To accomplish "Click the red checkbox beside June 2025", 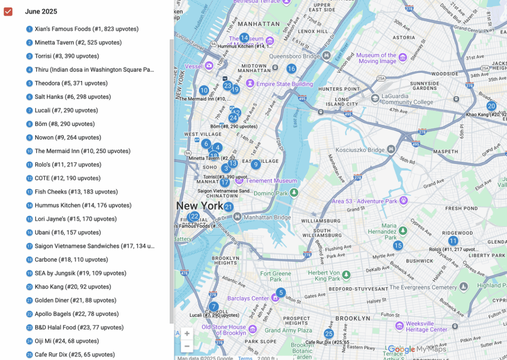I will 8,11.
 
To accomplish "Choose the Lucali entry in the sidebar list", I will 66,110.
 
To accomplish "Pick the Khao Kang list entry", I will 72,287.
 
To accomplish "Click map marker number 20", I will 491,106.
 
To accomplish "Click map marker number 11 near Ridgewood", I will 453,241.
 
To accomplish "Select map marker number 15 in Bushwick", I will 398,246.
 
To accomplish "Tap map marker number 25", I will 329,334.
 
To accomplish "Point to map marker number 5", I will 281,293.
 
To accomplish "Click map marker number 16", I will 291,69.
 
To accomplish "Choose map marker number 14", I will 244,38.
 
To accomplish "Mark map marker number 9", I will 255,164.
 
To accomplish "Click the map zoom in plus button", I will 187,333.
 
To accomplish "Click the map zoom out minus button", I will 187,346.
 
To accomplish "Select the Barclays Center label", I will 248,299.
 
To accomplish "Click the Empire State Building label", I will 284,84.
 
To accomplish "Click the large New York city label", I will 200,206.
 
